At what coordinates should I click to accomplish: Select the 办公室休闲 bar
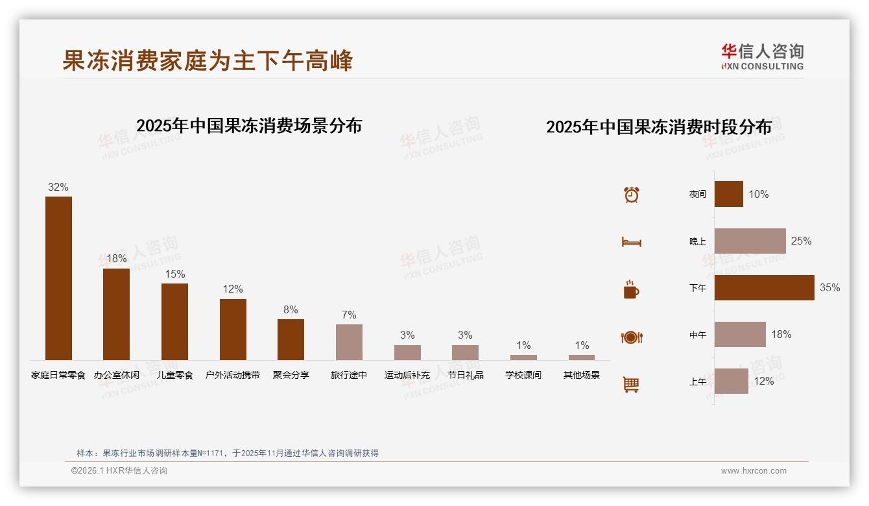(117, 314)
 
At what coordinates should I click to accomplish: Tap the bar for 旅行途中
(349, 342)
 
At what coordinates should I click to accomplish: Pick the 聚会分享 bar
(291, 339)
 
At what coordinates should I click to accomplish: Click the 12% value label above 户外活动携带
(233, 289)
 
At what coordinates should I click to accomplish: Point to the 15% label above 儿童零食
(174, 274)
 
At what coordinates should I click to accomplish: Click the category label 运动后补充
(407, 375)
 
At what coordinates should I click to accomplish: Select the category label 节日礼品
(466, 375)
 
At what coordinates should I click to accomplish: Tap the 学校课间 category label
(523, 375)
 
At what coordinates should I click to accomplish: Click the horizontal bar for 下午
(764, 287)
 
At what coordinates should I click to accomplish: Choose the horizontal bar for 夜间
(729, 194)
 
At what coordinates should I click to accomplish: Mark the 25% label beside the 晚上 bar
(801, 241)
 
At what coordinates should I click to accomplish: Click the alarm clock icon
(632, 195)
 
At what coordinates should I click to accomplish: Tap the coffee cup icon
(631, 289)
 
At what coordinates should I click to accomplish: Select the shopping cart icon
(631, 384)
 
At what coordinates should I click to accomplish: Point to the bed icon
(631, 242)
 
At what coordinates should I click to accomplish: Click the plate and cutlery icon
(632, 337)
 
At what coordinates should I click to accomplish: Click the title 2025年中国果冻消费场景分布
(249, 125)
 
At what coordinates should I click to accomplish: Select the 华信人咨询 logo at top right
(762, 56)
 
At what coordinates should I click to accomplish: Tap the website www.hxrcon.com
(754, 471)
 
